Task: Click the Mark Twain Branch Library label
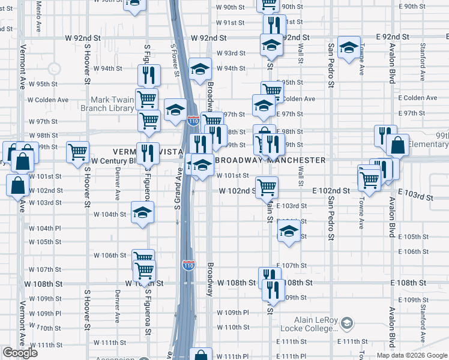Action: point(112,104)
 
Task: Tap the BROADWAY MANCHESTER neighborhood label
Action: point(270,160)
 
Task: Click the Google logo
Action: point(20,353)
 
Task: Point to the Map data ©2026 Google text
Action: point(412,355)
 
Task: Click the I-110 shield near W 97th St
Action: point(193,121)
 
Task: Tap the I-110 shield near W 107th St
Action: point(188,265)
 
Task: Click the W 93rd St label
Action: point(231,53)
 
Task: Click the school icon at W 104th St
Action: point(142,212)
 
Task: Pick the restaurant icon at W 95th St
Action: point(148,74)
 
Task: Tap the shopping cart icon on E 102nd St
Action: point(267,187)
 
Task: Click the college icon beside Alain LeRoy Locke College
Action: point(346,324)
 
